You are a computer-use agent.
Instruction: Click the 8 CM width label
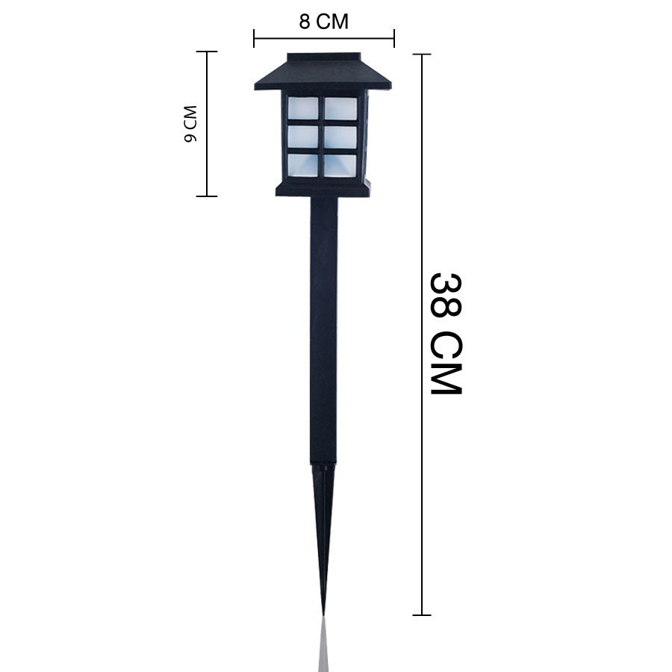[x=323, y=22]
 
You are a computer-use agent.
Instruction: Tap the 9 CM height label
[x=190, y=123]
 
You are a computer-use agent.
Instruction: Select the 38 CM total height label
[x=446, y=333]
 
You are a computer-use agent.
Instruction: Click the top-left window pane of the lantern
[x=303, y=108]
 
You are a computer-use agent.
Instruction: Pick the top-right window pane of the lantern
[x=340, y=108]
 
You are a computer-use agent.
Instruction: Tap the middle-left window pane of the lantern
[x=303, y=137]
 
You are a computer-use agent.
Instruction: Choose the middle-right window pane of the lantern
[x=340, y=137]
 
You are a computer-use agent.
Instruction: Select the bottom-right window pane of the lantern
[x=340, y=166]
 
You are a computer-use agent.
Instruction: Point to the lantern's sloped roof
[x=323, y=72]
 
